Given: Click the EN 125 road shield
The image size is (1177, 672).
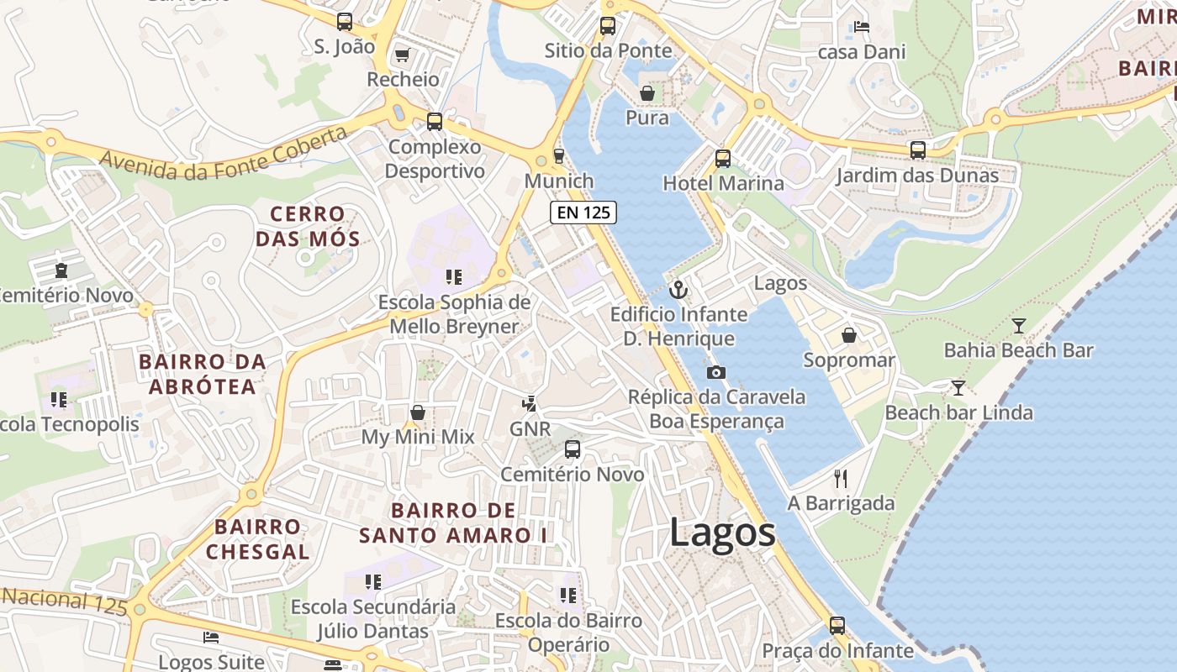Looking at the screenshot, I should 583,213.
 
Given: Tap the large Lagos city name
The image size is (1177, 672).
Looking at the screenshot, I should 722,533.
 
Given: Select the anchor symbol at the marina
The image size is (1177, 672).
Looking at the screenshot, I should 678,291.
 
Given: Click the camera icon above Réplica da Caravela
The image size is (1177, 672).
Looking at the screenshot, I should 716,372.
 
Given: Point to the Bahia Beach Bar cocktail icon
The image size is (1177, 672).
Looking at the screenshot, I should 1019,326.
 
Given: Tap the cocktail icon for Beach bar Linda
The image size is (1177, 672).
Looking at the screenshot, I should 958,387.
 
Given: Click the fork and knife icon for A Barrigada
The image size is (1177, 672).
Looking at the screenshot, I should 841,479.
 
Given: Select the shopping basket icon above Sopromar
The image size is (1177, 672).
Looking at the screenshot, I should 849,336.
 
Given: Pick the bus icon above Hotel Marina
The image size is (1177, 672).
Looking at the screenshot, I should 722,158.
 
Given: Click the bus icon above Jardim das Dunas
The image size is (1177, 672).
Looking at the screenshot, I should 918,150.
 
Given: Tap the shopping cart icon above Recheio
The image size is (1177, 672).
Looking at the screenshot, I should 403,55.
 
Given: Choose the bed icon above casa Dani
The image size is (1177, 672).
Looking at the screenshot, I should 861,27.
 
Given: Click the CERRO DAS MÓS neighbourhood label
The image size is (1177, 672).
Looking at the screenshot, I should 308,227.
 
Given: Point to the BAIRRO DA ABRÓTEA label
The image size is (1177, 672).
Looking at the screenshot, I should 202,374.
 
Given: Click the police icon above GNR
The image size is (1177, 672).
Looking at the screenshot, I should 529,404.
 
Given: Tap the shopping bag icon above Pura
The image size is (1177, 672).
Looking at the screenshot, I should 647,92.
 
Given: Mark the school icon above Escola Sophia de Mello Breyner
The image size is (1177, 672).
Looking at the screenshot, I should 454,277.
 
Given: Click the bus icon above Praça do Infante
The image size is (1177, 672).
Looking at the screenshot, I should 837,626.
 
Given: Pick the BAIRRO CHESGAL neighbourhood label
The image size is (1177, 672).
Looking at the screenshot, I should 257,539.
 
